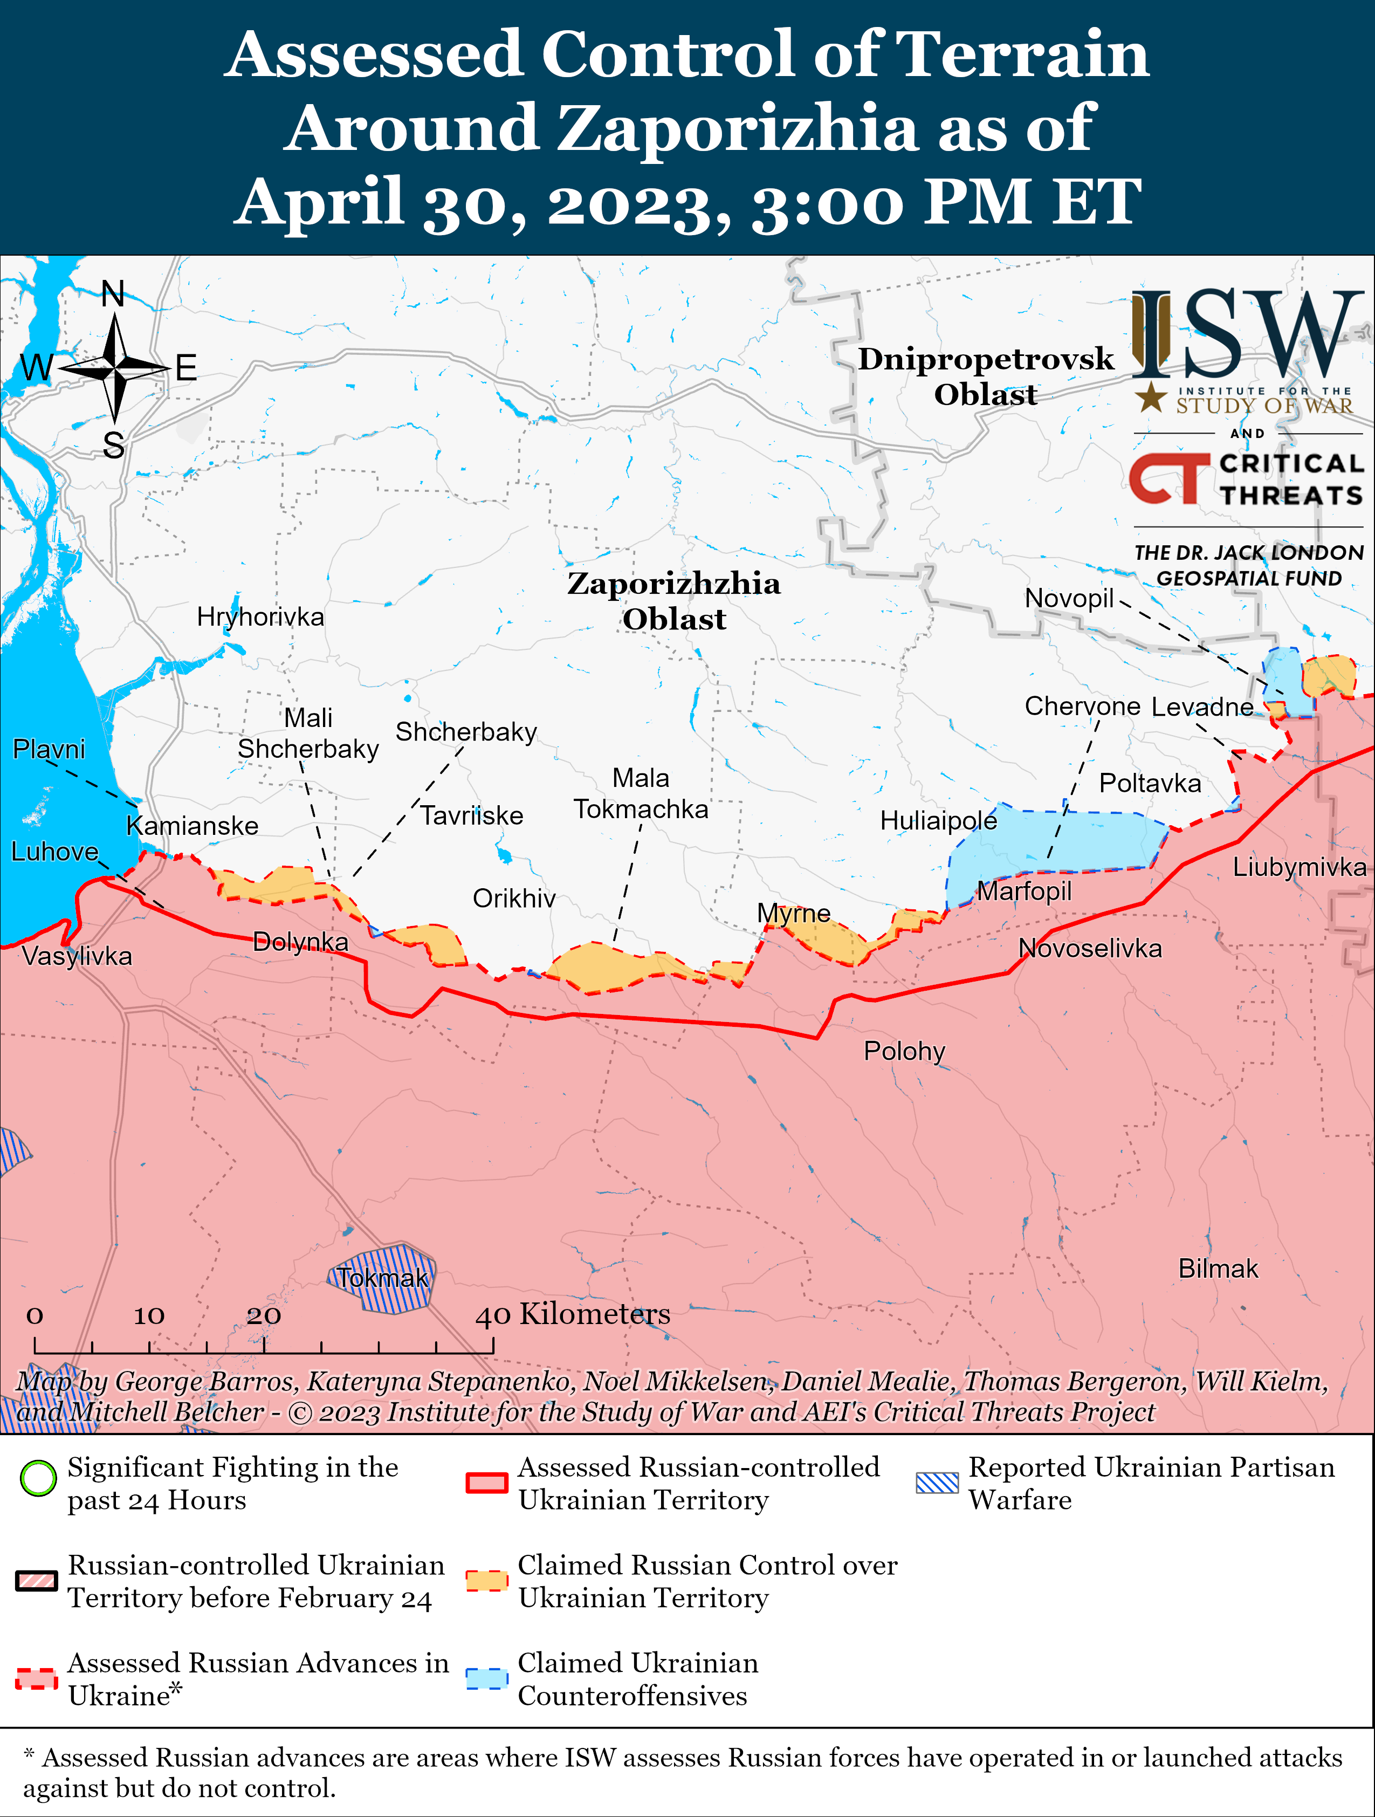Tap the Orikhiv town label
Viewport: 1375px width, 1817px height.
pyautogui.click(x=514, y=899)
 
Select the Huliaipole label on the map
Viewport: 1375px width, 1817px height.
pyautogui.click(x=938, y=821)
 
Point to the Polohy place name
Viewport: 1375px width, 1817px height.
pyautogui.click(x=904, y=1052)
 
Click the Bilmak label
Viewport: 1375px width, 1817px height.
pyautogui.click(x=1218, y=1269)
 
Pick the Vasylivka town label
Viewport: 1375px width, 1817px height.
pyautogui.click(x=77, y=956)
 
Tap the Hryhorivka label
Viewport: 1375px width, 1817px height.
pyautogui.click(x=260, y=617)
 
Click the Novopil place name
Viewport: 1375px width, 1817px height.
pyautogui.click(x=1069, y=598)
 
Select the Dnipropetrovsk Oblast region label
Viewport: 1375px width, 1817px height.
pyautogui.click(x=986, y=376)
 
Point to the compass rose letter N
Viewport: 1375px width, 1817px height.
pyautogui.click(x=113, y=294)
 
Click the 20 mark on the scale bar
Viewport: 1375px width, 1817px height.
pyautogui.click(x=264, y=1315)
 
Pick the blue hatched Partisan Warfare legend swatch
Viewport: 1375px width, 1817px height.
pyautogui.click(x=937, y=1483)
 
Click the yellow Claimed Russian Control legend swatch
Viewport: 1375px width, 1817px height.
pyautogui.click(x=486, y=1580)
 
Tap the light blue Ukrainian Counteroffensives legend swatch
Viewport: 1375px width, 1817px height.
pyautogui.click(x=486, y=1678)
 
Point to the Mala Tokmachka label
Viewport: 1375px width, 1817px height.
pyautogui.click(x=641, y=793)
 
